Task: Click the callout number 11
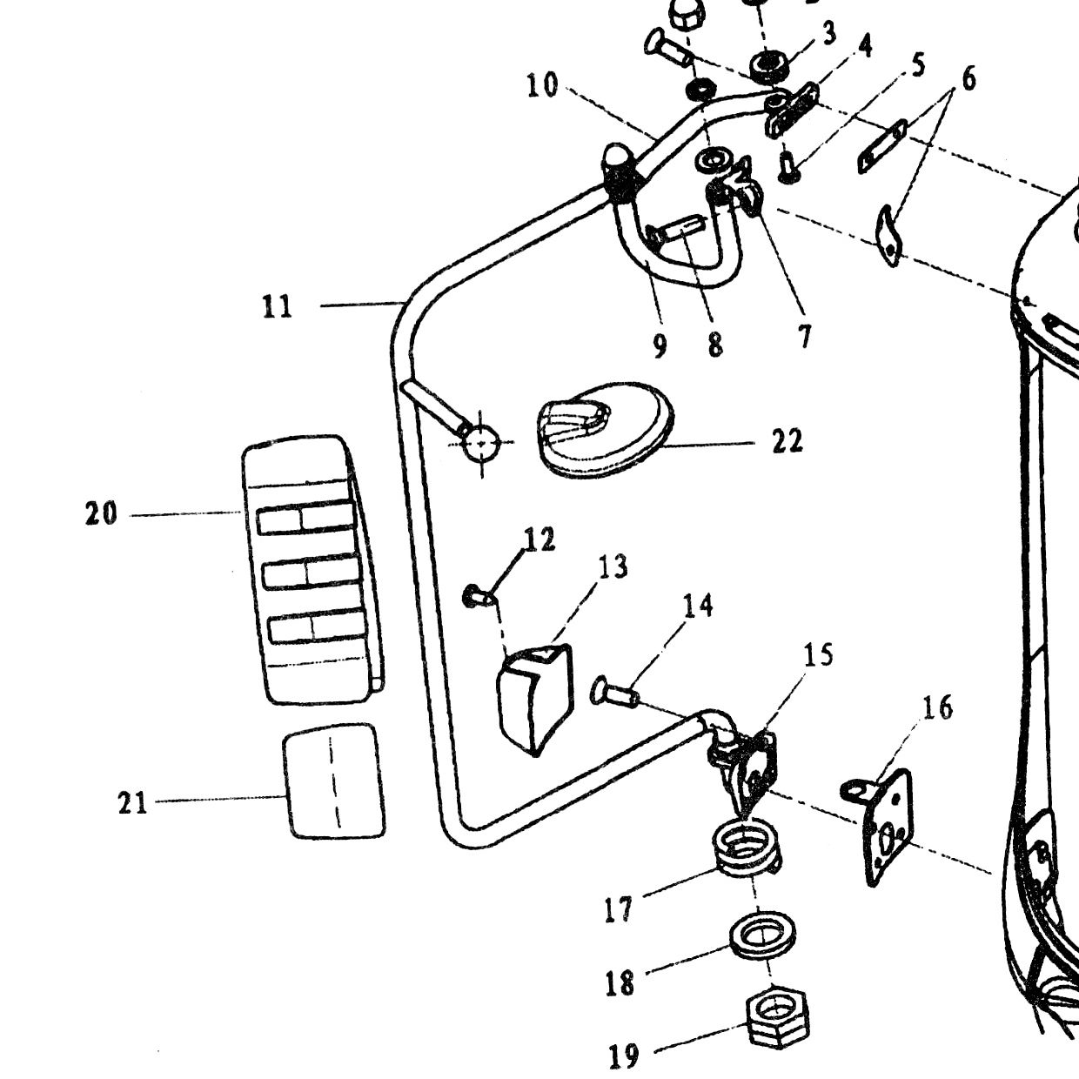(x=278, y=307)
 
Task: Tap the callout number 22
(x=787, y=440)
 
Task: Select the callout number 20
(x=101, y=513)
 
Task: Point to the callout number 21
(x=133, y=803)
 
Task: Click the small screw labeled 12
(x=479, y=597)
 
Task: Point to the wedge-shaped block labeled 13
(x=535, y=698)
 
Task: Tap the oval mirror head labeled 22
(x=606, y=430)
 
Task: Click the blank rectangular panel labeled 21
(x=334, y=781)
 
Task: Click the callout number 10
(x=543, y=85)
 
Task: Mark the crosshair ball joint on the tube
(x=481, y=442)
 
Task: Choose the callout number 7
(x=804, y=337)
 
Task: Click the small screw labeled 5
(x=788, y=168)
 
